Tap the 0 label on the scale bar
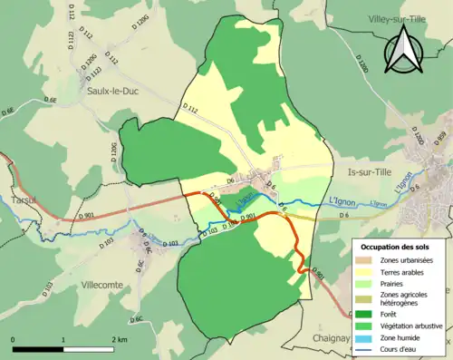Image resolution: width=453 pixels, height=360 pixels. click(14, 337)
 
